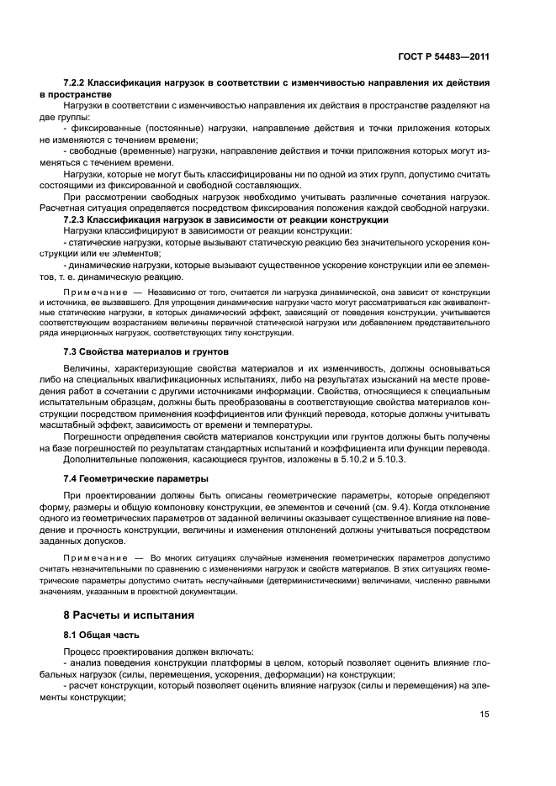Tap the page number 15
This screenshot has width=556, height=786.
[x=485, y=714]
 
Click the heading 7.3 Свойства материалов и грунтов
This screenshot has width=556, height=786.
[x=134, y=351]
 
